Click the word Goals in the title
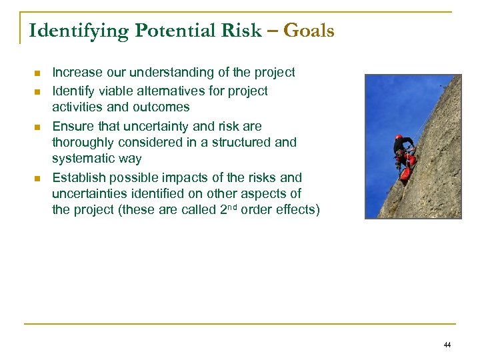309,31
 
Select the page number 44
447,345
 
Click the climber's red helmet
399,137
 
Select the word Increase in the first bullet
77,72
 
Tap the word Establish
77,177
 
